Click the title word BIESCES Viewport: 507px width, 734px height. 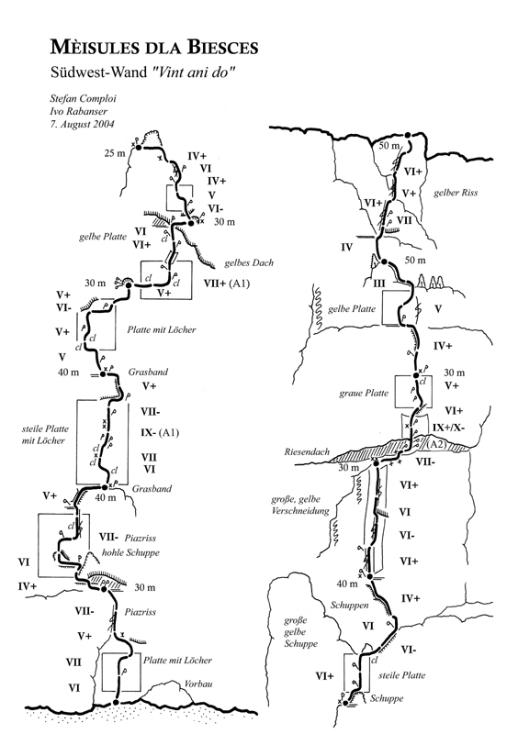pos(223,48)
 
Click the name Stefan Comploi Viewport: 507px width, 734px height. pos(83,99)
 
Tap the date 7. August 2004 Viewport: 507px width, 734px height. pos(82,124)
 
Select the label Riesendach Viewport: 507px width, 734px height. pos(307,452)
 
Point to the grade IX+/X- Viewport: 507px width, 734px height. pos(449,428)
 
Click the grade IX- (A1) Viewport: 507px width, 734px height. pos(160,432)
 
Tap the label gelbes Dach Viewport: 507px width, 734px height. pos(249,262)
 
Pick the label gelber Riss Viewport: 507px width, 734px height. pos(456,193)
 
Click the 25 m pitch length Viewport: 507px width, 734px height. pos(115,152)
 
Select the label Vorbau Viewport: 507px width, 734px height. pos(198,684)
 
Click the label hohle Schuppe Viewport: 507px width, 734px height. pos(130,552)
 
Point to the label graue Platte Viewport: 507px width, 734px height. pos(364,394)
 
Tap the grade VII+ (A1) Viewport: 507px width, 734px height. pos(227,284)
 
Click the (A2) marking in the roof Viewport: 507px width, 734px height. pos(436,444)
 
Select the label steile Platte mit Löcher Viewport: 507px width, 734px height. pos(45,434)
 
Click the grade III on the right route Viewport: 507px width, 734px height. pos(378,284)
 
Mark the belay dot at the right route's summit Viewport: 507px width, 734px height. pos(408,135)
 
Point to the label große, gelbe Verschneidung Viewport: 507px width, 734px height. pos(300,506)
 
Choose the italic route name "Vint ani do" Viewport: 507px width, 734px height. pos(193,72)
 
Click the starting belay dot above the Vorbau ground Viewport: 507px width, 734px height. pos(116,702)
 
